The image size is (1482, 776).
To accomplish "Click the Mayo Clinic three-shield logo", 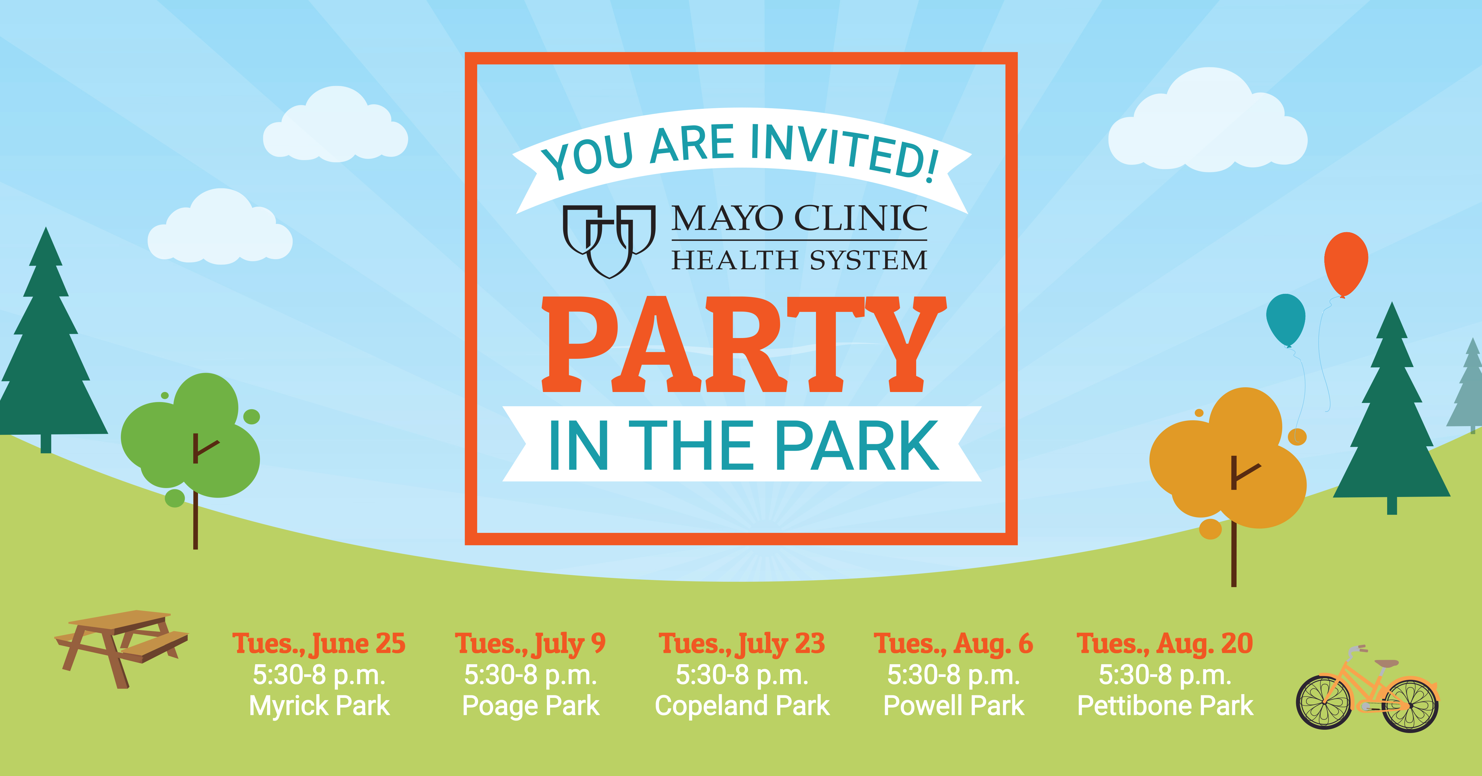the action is pyautogui.click(x=609, y=241).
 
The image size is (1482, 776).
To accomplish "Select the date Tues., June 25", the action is pyautogui.click(x=319, y=643).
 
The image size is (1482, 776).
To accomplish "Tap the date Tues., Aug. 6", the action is pyautogui.click(x=953, y=643).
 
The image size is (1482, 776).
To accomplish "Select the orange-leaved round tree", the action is pyautogui.click(x=1228, y=460).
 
